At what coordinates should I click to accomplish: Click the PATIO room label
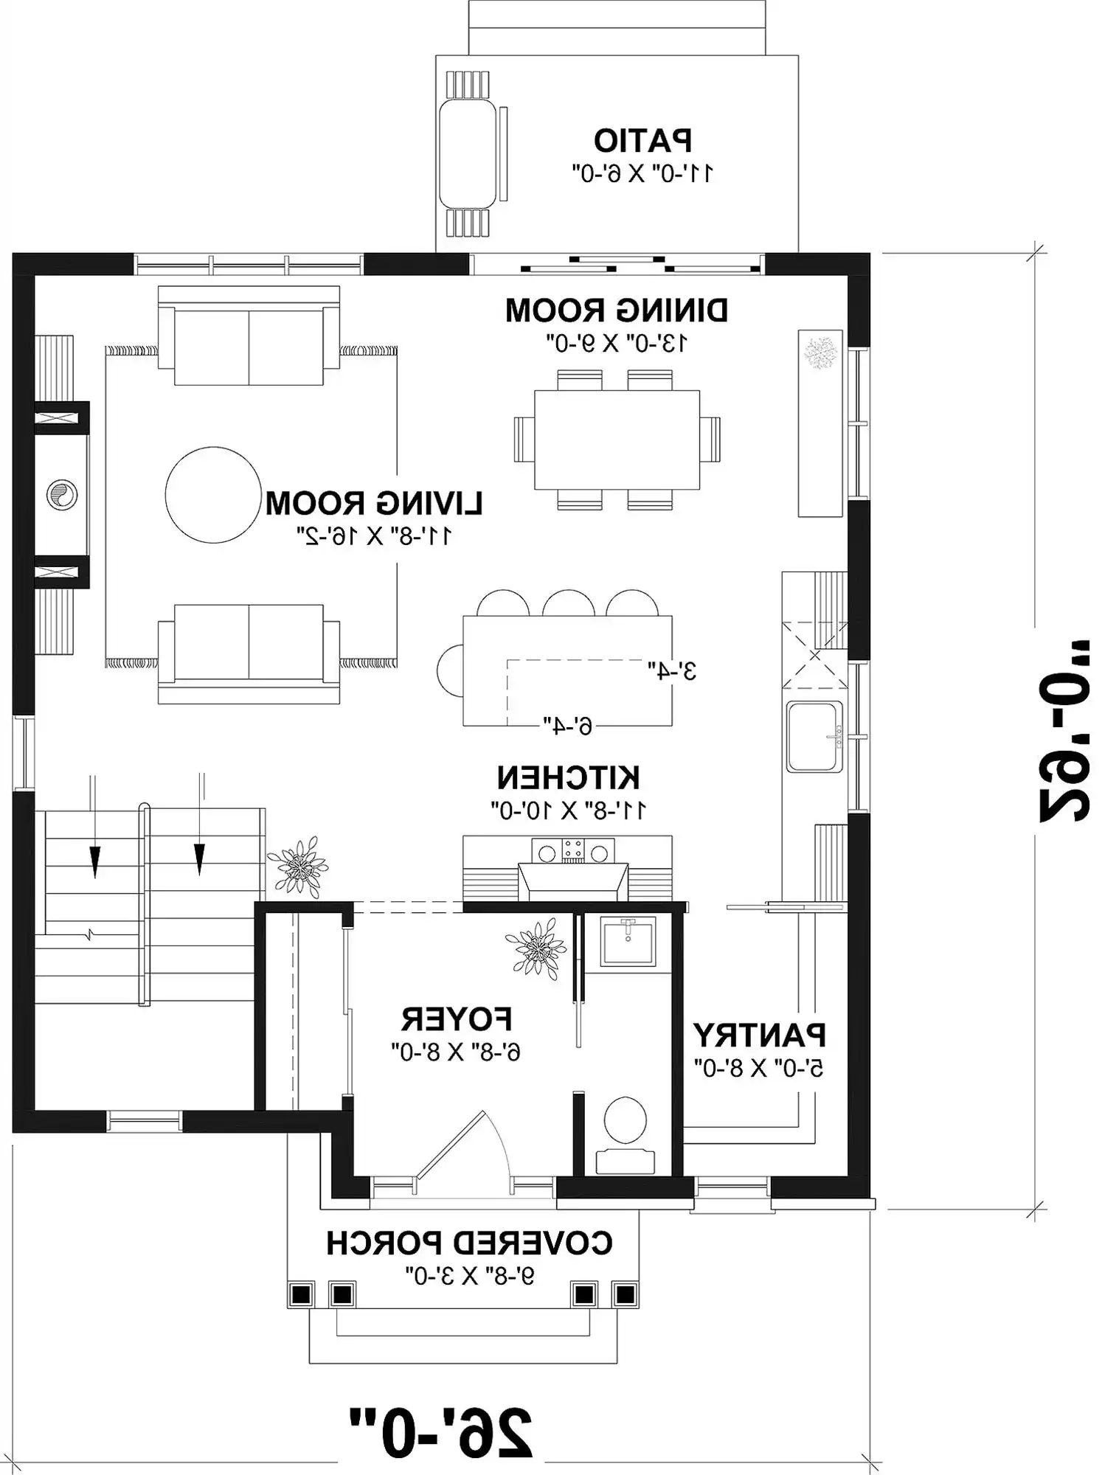[642, 139]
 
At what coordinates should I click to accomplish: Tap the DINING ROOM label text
[617, 310]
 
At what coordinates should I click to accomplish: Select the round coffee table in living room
[212, 495]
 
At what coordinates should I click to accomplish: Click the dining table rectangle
[617, 440]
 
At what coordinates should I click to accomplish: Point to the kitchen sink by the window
[814, 736]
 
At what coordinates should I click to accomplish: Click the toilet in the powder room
[625, 1134]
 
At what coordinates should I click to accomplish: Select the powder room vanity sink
[628, 940]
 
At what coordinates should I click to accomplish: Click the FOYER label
[457, 1019]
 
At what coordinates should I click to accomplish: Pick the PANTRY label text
[759, 1035]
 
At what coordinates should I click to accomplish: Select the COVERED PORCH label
[469, 1243]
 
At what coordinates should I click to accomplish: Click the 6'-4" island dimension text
[567, 726]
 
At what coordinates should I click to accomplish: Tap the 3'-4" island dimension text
[672, 670]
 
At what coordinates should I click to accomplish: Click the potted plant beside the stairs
[297, 866]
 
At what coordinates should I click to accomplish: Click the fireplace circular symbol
[61, 495]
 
